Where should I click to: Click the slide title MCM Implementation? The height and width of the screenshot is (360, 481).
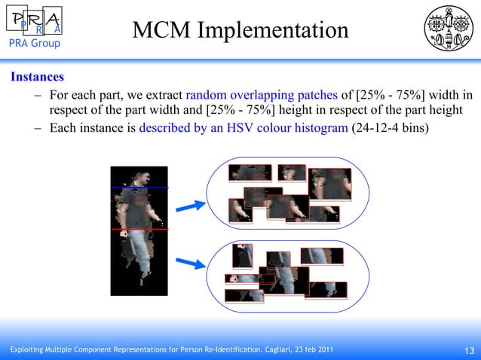(x=240, y=30)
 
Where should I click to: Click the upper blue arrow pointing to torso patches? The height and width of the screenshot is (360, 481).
(x=194, y=205)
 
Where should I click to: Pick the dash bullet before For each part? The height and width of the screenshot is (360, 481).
(x=38, y=95)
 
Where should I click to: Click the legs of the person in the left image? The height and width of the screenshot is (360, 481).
(x=139, y=260)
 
